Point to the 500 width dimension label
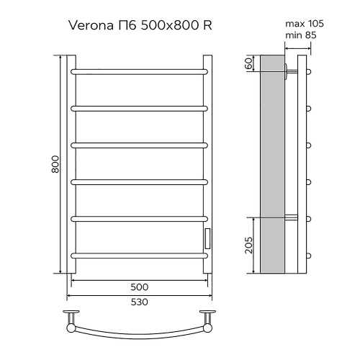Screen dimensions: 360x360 [x=138, y=285]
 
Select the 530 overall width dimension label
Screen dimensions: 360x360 [x=138, y=302]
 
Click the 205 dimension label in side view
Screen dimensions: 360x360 [x=248, y=245]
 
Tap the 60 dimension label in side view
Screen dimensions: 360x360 [x=248, y=63]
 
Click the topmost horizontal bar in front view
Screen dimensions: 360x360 [x=138, y=71]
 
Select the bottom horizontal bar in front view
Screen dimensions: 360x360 [x=138, y=254]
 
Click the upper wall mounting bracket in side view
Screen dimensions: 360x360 [x=290, y=71]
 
